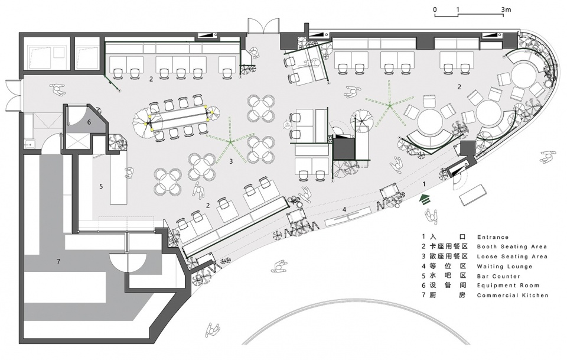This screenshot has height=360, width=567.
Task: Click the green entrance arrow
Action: pos(425,199)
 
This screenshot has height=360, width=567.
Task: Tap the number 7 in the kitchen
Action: pos(58,261)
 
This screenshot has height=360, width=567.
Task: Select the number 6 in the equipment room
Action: pos(89,122)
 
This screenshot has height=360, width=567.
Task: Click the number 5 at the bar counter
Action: pos(101,186)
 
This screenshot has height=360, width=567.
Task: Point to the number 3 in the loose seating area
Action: pos(231,161)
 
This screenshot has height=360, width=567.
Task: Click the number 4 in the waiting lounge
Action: pos(344,209)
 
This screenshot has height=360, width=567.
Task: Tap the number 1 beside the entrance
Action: pos(425,184)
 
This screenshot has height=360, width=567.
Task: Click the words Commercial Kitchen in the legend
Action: pos(513,295)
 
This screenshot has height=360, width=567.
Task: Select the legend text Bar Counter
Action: pos(498,276)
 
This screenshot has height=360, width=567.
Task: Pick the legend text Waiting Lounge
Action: pos(505,267)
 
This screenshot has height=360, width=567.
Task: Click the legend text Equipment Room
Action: pos(508,286)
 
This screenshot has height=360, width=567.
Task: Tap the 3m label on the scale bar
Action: pos(506,10)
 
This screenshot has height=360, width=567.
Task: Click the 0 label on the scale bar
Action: pos(435,10)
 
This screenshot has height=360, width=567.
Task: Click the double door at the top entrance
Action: pos(263,25)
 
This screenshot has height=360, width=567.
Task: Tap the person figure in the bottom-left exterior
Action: pos(213,330)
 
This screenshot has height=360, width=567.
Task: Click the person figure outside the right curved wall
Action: pos(548,157)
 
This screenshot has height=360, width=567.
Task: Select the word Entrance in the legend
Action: pos(493,238)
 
